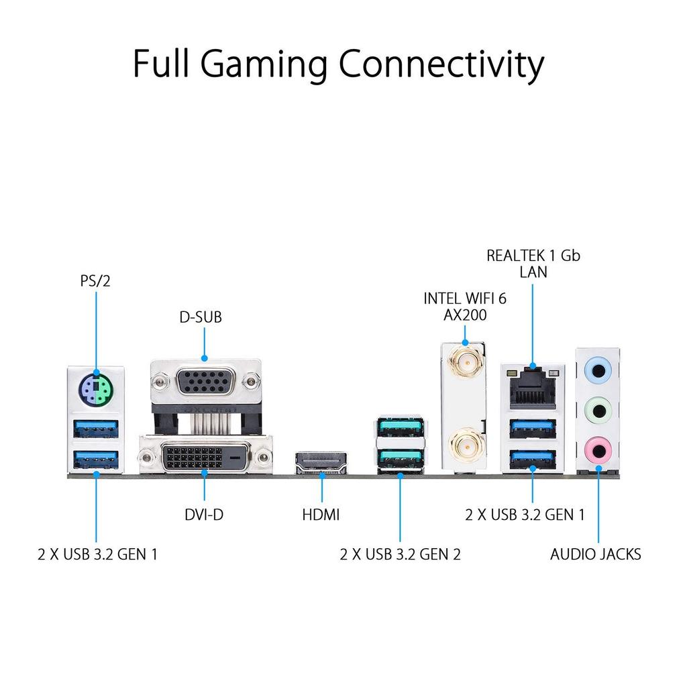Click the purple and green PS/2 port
(x=96, y=387)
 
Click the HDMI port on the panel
(x=321, y=462)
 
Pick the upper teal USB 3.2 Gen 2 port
(x=400, y=428)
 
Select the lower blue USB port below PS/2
(x=96, y=459)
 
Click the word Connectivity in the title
(x=441, y=64)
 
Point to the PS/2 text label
(x=95, y=280)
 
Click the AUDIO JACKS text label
(x=595, y=554)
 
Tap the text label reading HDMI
(x=321, y=515)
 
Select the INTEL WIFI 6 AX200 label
(x=464, y=307)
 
